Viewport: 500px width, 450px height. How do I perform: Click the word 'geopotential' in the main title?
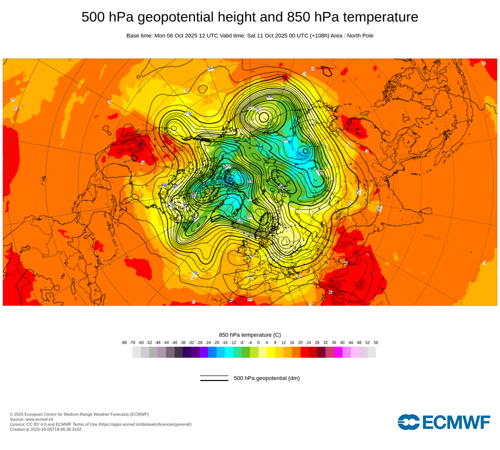click(x=169, y=17)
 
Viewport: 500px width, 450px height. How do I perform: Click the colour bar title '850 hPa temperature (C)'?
click(x=250, y=334)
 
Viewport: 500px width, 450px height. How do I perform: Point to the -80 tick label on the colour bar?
click(x=124, y=342)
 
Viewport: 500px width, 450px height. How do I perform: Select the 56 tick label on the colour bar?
click(x=376, y=342)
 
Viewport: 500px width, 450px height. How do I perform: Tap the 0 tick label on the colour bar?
click(x=258, y=342)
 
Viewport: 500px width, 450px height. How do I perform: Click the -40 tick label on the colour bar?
click(x=174, y=342)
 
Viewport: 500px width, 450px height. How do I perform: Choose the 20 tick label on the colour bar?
click(x=300, y=342)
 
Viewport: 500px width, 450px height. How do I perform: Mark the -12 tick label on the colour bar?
click(x=233, y=342)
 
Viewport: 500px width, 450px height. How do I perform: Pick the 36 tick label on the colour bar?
click(x=334, y=342)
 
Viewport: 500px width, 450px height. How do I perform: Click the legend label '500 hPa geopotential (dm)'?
click(x=266, y=378)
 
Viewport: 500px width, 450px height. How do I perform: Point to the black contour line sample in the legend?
click(x=214, y=378)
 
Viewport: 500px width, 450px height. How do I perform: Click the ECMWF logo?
click(x=444, y=422)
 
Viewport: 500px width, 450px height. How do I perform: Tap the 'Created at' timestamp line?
click(x=45, y=429)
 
